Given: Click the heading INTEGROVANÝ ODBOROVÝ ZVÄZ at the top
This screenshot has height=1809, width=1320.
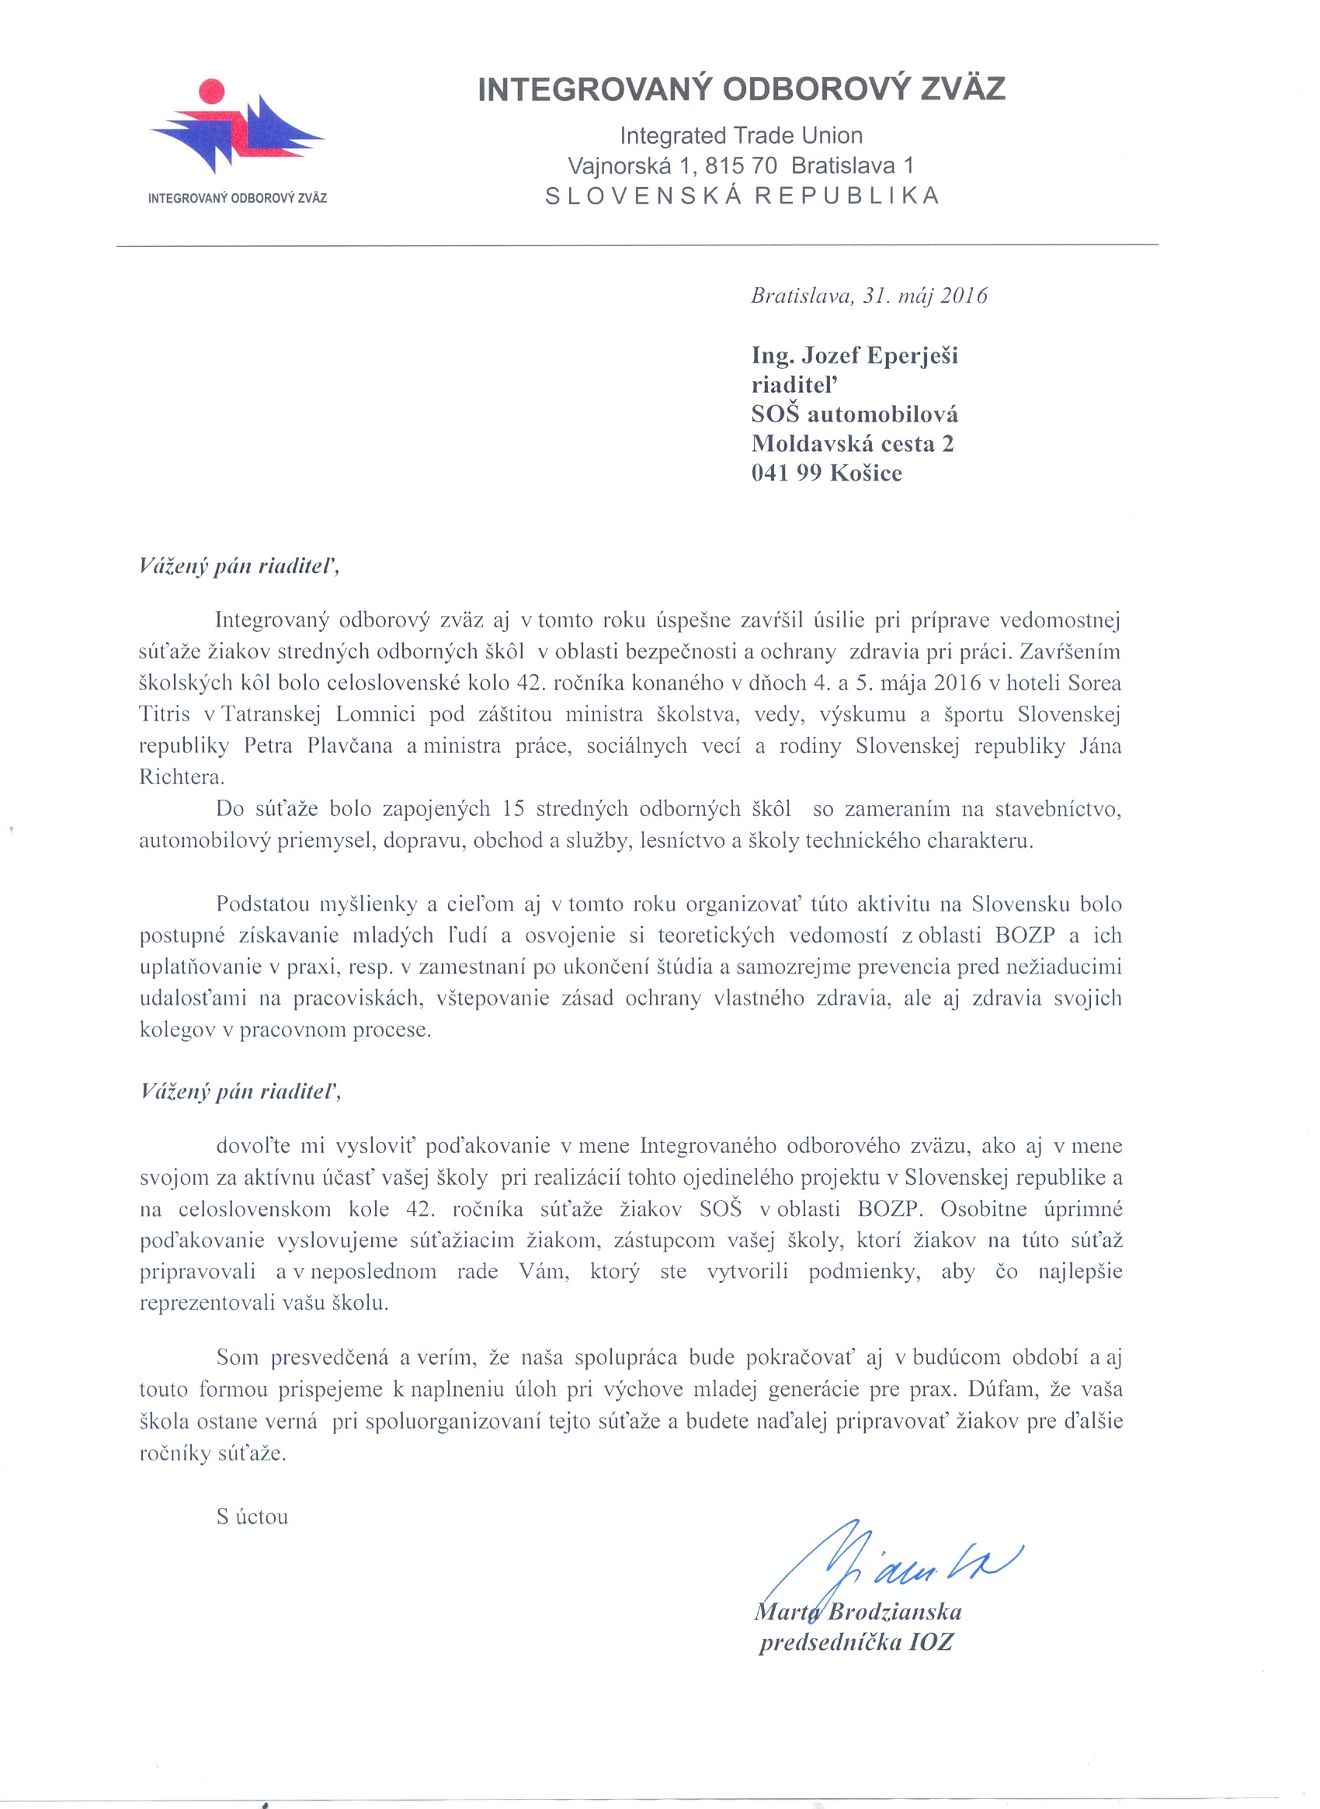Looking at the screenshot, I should click(x=741, y=89).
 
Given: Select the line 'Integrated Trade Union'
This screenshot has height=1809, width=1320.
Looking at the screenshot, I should click(x=741, y=136).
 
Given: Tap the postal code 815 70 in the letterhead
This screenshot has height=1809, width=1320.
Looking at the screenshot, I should click(x=741, y=166).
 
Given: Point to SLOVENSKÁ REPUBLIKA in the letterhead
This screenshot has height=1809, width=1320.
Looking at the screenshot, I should click(x=742, y=196).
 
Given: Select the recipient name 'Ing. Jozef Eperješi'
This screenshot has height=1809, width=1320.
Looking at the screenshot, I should click(x=854, y=356).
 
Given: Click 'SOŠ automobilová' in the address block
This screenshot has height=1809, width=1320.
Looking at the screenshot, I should click(x=854, y=415).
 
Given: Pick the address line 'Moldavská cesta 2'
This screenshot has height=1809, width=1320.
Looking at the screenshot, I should click(x=853, y=444).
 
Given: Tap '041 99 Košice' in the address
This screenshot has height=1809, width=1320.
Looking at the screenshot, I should click(x=826, y=474).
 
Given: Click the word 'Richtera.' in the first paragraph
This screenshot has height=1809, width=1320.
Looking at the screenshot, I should click(x=182, y=777).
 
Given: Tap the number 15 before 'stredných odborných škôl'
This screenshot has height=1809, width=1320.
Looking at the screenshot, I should click(x=513, y=810).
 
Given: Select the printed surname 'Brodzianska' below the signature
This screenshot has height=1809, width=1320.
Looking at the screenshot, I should click(x=895, y=1613).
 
